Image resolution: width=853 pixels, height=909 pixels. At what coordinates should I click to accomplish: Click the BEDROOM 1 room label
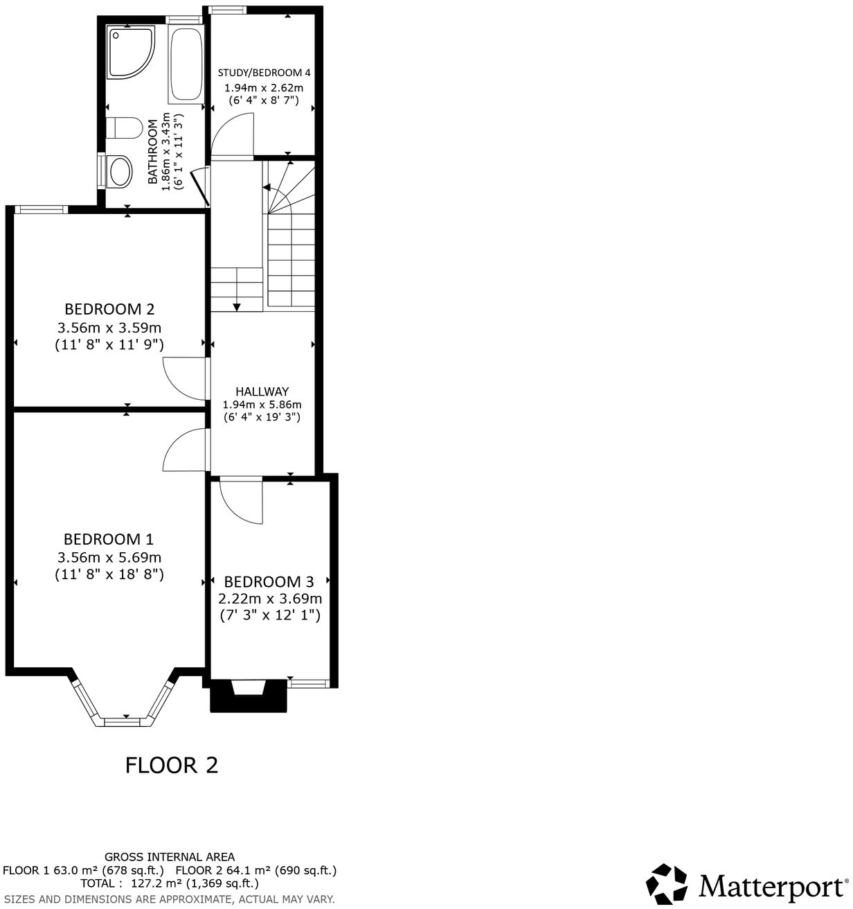[109, 539]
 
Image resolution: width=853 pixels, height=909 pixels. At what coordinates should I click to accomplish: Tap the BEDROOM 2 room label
[109, 309]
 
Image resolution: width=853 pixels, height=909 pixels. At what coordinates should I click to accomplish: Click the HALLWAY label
[262, 391]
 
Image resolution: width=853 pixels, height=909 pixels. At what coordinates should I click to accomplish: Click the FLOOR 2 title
[171, 765]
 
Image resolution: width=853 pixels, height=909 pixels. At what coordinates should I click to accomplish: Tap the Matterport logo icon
[667, 884]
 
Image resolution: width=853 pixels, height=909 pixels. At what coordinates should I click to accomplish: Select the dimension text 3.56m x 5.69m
[109, 557]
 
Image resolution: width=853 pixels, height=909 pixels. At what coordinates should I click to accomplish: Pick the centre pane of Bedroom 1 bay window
[127, 721]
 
